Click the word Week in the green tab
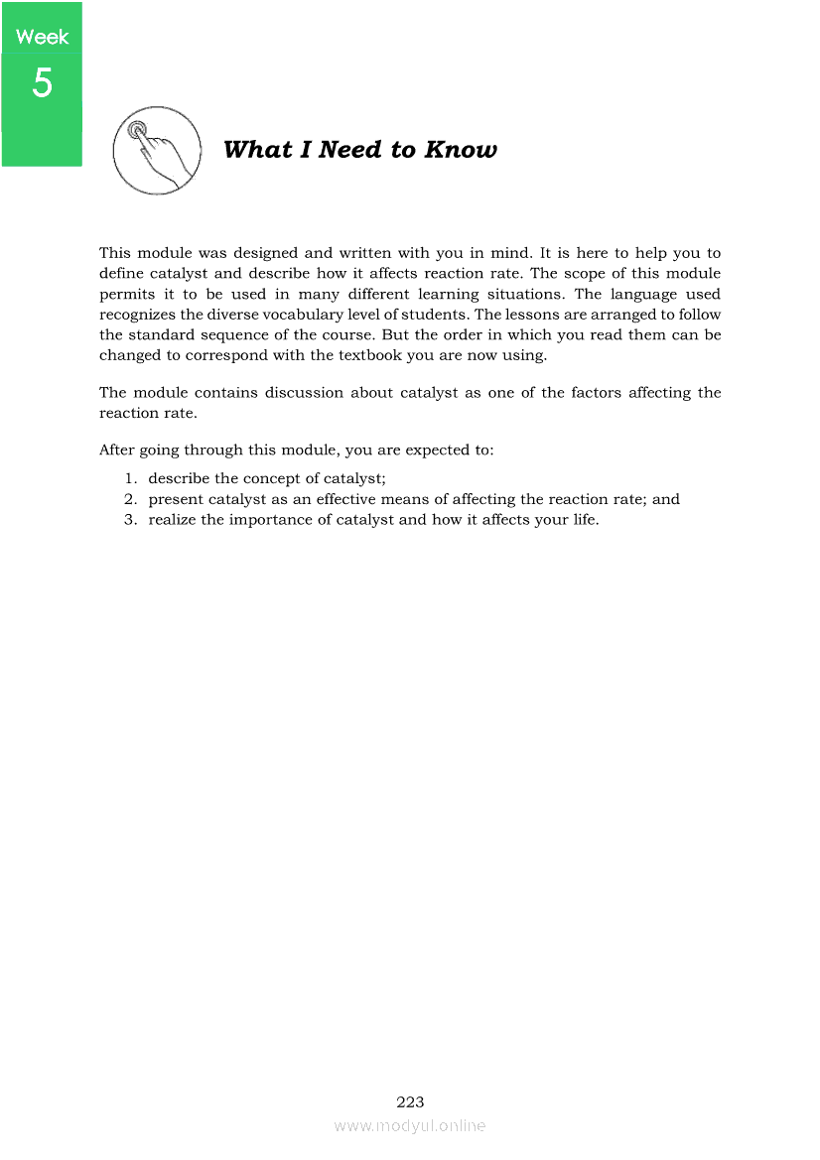point(42,37)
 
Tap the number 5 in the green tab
point(42,83)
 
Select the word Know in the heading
point(461,150)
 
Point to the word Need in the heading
point(350,150)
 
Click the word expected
point(412,450)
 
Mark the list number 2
point(130,499)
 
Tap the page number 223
point(410,1101)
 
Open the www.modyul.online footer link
point(410,1125)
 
